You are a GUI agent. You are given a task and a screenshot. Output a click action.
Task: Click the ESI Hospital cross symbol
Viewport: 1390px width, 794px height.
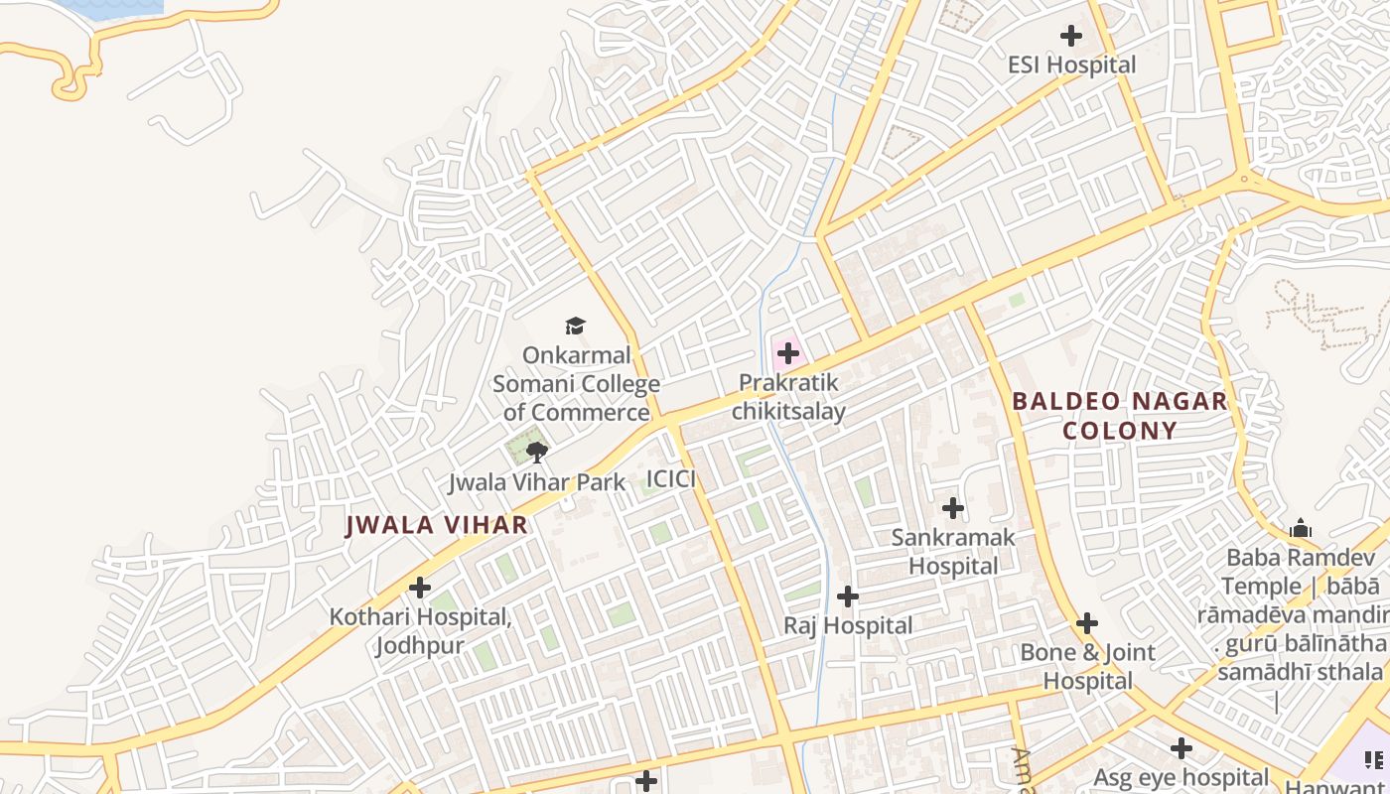point(1071,36)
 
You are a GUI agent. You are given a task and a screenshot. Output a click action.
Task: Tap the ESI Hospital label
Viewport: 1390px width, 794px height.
point(1071,66)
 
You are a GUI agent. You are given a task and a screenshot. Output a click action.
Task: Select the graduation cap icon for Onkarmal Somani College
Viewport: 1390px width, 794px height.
point(575,326)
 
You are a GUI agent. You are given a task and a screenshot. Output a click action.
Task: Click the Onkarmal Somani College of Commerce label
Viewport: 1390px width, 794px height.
point(576,383)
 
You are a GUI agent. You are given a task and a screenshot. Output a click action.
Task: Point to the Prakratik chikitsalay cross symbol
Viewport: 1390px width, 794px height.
point(788,353)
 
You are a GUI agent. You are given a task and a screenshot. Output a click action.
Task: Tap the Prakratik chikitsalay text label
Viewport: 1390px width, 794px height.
point(789,397)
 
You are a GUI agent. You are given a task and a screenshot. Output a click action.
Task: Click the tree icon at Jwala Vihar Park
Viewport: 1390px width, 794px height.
point(537,454)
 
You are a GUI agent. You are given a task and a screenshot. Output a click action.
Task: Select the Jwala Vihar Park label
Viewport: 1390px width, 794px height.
point(536,483)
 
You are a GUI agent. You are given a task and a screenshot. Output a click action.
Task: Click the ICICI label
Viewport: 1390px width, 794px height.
point(670,480)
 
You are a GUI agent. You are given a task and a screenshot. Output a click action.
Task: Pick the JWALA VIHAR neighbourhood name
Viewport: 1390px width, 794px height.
point(436,525)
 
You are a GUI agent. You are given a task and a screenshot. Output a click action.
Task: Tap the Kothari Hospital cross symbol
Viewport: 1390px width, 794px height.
point(420,588)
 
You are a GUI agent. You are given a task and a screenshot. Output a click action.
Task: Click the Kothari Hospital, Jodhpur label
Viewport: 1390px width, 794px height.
point(420,631)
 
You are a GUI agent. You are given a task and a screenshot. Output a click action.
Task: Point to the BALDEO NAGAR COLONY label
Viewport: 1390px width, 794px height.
point(1119,416)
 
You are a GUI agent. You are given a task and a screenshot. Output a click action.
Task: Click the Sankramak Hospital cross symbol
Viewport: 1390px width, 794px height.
point(953,508)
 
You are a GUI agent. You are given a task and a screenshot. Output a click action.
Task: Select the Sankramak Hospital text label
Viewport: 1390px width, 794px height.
point(953,552)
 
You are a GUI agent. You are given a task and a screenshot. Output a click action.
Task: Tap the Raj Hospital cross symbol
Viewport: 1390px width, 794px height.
point(848,596)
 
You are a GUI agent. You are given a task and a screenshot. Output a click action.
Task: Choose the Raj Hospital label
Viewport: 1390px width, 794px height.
point(848,626)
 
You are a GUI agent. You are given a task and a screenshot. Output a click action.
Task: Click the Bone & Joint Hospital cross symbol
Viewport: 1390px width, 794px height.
point(1087,624)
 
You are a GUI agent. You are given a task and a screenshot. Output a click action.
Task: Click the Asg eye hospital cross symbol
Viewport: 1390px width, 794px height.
point(1181,748)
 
